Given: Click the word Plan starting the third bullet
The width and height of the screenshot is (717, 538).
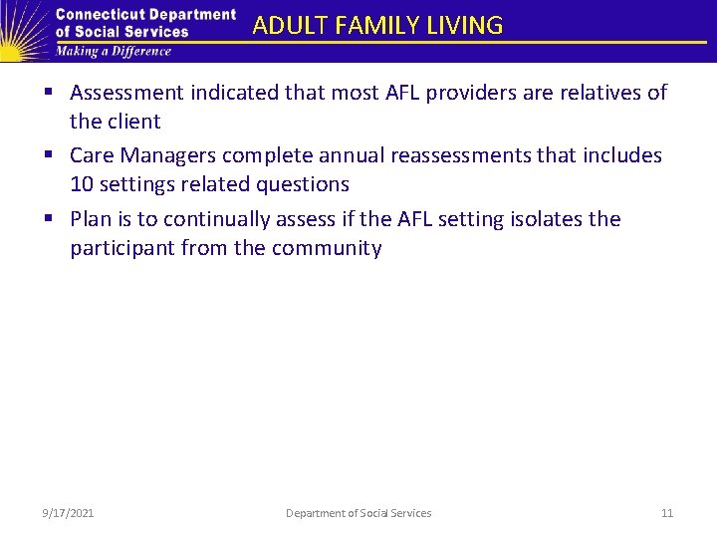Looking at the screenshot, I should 91,219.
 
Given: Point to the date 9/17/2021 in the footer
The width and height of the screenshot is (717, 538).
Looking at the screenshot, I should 69,513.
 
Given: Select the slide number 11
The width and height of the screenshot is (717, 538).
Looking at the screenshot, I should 667,513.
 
